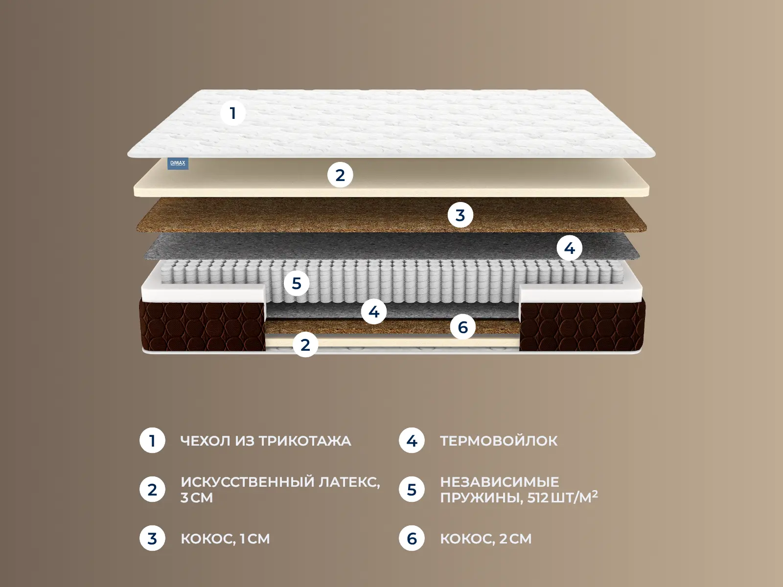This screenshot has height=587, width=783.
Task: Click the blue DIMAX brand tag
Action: (178, 163)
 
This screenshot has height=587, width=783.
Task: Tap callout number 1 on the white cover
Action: (233, 113)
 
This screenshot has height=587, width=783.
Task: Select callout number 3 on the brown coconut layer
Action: (460, 215)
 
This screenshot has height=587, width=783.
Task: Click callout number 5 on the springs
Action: (297, 283)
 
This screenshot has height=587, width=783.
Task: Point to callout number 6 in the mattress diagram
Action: (462, 327)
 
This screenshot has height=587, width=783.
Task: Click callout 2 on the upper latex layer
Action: (340, 175)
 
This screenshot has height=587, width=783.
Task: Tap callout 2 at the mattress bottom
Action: (305, 345)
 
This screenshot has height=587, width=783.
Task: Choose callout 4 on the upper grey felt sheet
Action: (569, 248)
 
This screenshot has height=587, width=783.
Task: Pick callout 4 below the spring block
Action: (373, 312)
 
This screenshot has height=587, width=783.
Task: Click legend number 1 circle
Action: (152, 441)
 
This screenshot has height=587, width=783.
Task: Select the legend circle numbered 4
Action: (412, 441)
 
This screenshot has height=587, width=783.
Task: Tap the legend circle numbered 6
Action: (412, 538)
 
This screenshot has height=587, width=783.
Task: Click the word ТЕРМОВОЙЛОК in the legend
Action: (499, 441)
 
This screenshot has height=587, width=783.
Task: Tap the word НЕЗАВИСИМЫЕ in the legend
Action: (500, 482)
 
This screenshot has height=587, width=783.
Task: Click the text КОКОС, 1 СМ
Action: (225, 539)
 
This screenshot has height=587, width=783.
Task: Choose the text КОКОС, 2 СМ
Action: (486, 539)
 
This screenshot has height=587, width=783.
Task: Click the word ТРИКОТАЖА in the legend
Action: (305, 441)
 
